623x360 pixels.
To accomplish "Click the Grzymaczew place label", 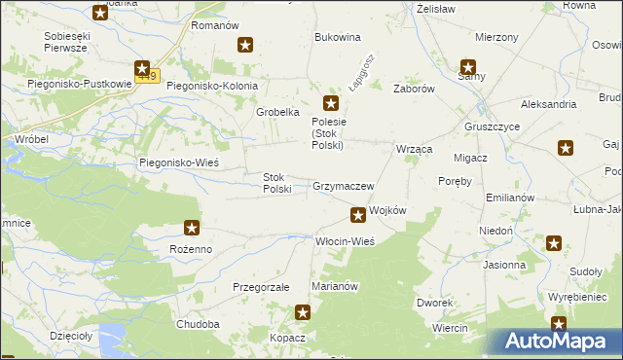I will point(344,185).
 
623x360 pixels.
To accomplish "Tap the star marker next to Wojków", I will point(358,214).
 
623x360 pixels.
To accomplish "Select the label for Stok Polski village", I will point(277,183).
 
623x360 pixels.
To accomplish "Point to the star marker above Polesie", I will point(331,103).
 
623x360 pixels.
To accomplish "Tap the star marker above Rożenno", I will point(192,229).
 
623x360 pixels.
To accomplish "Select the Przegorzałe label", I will point(261,288).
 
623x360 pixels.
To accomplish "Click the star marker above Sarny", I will point(468,68).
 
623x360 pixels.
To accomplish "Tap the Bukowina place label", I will point(338,37).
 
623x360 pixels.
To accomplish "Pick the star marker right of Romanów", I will point(246,45).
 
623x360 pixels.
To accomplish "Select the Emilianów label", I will point(511,197).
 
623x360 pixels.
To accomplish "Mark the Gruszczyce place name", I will point(492,127).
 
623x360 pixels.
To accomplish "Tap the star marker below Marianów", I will point(303,312).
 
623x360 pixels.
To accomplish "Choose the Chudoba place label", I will point(198,324).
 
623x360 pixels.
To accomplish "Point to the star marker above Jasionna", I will point(554,243).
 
